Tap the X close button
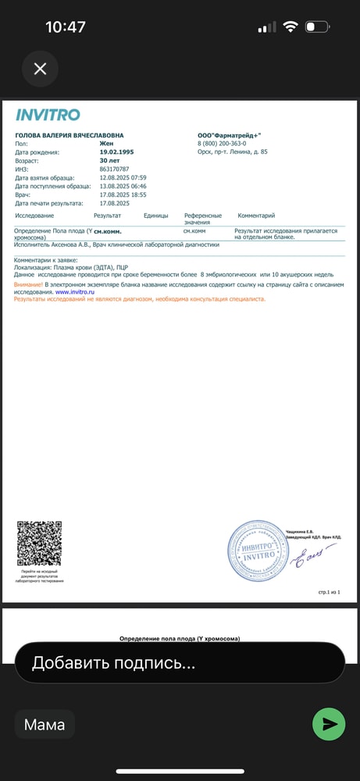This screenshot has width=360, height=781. (x=40, y=69)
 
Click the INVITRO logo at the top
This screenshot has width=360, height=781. (x=48, y=115)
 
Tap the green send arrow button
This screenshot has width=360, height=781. (x=329, y=724)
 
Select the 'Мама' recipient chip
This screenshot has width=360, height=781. (x=45, y=725)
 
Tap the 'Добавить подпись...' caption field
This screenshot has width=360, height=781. (x=180, y=663)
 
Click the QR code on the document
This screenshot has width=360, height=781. (x=39, y=544)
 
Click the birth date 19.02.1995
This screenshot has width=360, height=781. (x=116, y=152)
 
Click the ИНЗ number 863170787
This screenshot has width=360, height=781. (x=115, y=169)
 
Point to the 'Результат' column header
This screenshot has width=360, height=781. (x=107, y=216)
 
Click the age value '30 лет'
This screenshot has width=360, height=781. (x=109, y=160)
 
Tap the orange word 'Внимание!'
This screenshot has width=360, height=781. (x=28, y=284)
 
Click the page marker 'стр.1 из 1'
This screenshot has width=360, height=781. (x=329, y=593)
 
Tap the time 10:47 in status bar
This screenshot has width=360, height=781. (x=66, y=27)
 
